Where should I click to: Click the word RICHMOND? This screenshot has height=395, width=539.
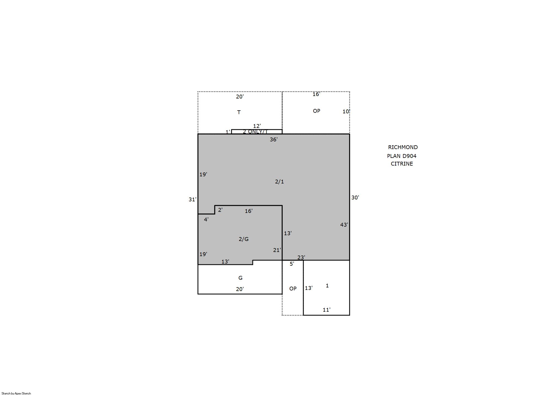[x=403, y=147]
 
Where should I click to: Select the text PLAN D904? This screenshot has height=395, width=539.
[x=402, y=156]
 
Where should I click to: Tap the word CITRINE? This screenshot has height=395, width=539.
[x=402, y=164]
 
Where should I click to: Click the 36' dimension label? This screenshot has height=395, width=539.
[x=274, y=139]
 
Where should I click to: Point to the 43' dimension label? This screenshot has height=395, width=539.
[x=344, y=225]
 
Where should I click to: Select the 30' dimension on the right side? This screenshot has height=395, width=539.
[x=355, y=197]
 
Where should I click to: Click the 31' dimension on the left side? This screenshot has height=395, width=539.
[x=192, y=199]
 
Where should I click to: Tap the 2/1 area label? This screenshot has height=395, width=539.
[x=279, y=182]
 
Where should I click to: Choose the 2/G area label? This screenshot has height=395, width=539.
[x=244, y=239]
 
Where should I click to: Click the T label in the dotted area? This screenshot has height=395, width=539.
[x=239, y=112]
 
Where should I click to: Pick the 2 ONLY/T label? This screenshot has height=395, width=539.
[x=255, y=131]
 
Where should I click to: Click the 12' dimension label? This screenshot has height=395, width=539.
[x=257, y=126]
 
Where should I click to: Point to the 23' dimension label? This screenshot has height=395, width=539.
[x=301, y=257]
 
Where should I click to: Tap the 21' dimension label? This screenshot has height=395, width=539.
[x=277, y=250]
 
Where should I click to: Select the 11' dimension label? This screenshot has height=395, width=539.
[x=326, y=310]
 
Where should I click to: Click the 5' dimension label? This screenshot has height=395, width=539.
[x=292, y=264]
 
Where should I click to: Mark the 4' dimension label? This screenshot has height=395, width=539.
[x=206, y=219]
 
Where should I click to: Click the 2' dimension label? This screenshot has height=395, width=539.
[x=220, y=210]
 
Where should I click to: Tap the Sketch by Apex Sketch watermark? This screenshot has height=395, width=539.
[x=16, y=393]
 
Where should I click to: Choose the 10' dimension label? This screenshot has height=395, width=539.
[x=346, y=111]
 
